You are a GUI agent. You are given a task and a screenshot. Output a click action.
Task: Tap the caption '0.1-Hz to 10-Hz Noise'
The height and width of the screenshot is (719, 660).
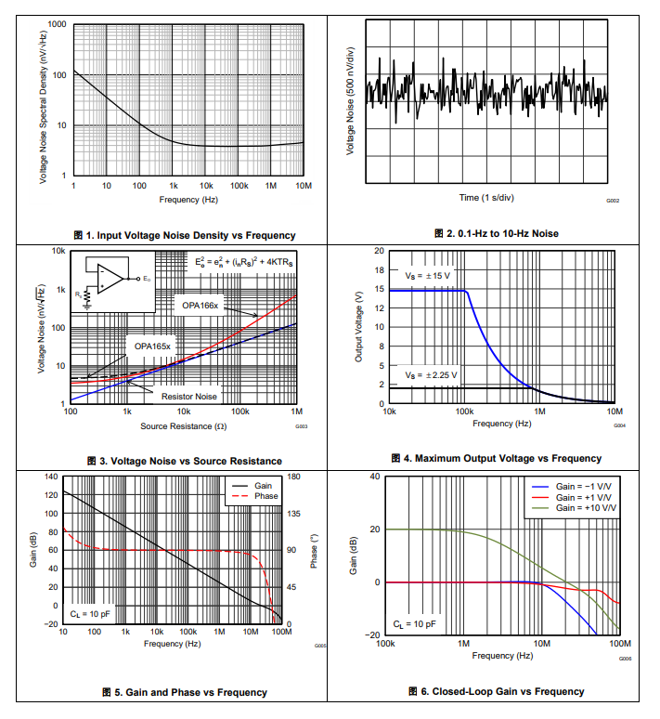496,233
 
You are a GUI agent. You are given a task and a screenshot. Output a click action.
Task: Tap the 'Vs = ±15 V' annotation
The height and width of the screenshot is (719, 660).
427,277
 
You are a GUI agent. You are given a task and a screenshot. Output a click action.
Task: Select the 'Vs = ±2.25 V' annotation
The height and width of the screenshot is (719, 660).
431,375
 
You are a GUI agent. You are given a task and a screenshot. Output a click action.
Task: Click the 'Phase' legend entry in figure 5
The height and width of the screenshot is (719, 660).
265,496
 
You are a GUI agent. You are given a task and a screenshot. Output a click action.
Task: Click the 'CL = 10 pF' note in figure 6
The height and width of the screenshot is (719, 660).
414,624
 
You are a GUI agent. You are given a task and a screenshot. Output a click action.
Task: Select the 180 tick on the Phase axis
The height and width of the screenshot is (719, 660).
293,477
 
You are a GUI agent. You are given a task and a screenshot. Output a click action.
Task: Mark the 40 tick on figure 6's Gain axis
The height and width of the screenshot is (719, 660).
375,477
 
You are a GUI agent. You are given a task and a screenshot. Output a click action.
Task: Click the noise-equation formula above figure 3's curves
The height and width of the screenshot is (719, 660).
243,263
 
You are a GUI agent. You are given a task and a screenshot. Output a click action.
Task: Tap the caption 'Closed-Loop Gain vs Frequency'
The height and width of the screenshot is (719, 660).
496,691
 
